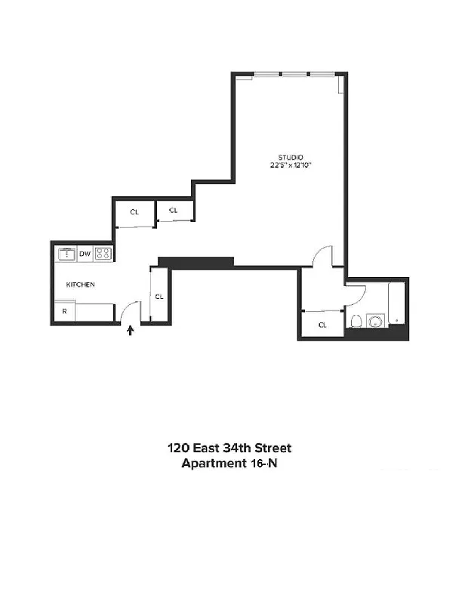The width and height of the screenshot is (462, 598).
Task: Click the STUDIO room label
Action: tap(291, 158)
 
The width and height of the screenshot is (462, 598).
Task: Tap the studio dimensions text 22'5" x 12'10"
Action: tap(291, 165)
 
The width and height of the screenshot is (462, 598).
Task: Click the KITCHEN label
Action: tap(81, 285)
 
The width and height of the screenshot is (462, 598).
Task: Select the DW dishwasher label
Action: tap(85, 254)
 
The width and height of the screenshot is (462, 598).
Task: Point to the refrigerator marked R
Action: tap(64, 312)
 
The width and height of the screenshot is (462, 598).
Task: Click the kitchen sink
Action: tap(66, 254)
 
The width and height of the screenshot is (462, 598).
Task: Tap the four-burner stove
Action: tap(103, 253)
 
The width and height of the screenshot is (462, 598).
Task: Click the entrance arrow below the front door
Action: tap(131, 330)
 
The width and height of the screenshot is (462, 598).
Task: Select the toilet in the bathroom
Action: tap(356, 321)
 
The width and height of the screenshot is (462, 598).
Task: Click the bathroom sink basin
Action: tap(376, 321)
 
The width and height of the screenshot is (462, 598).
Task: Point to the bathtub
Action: tap(396, 304)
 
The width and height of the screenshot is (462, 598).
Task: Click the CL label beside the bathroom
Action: tap(322, 325)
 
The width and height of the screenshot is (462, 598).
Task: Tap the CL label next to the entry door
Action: tap(159, 296)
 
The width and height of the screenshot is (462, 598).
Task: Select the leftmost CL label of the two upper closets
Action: tap(134, 212)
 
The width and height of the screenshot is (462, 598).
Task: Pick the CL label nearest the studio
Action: tap(174, 210)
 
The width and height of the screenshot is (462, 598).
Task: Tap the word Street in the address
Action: tap(273, 448)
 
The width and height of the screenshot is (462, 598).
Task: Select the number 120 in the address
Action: tap(178, 448)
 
